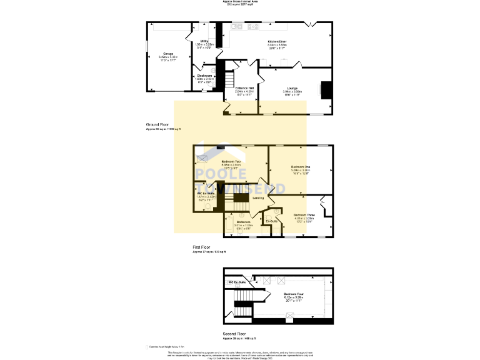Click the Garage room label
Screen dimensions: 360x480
click(x=168, y=54)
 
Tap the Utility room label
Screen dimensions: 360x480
click(x=204, y=41)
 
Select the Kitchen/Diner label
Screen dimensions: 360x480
click(x=277, y=41)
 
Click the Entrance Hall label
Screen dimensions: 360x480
click(x=244, y=88)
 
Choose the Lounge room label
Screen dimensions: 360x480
click(x=292, y=88)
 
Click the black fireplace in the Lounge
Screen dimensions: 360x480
click(x=325, y=90)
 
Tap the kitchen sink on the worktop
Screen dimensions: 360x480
click(x=237, y=27)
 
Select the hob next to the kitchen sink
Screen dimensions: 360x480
click(x=254, y=27)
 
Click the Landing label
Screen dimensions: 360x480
click(x=257, y=198)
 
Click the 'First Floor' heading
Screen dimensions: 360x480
click(x=203, y=247)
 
